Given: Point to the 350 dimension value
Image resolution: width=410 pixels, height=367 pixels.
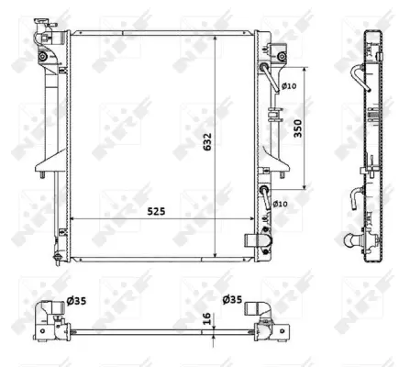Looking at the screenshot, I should [297, 130].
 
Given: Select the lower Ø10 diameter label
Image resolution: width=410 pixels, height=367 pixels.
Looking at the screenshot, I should [280, 203].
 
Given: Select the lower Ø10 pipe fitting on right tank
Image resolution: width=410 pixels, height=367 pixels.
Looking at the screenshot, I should [265, 195].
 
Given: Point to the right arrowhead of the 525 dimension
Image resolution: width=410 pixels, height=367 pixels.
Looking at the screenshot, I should [249, 219].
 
